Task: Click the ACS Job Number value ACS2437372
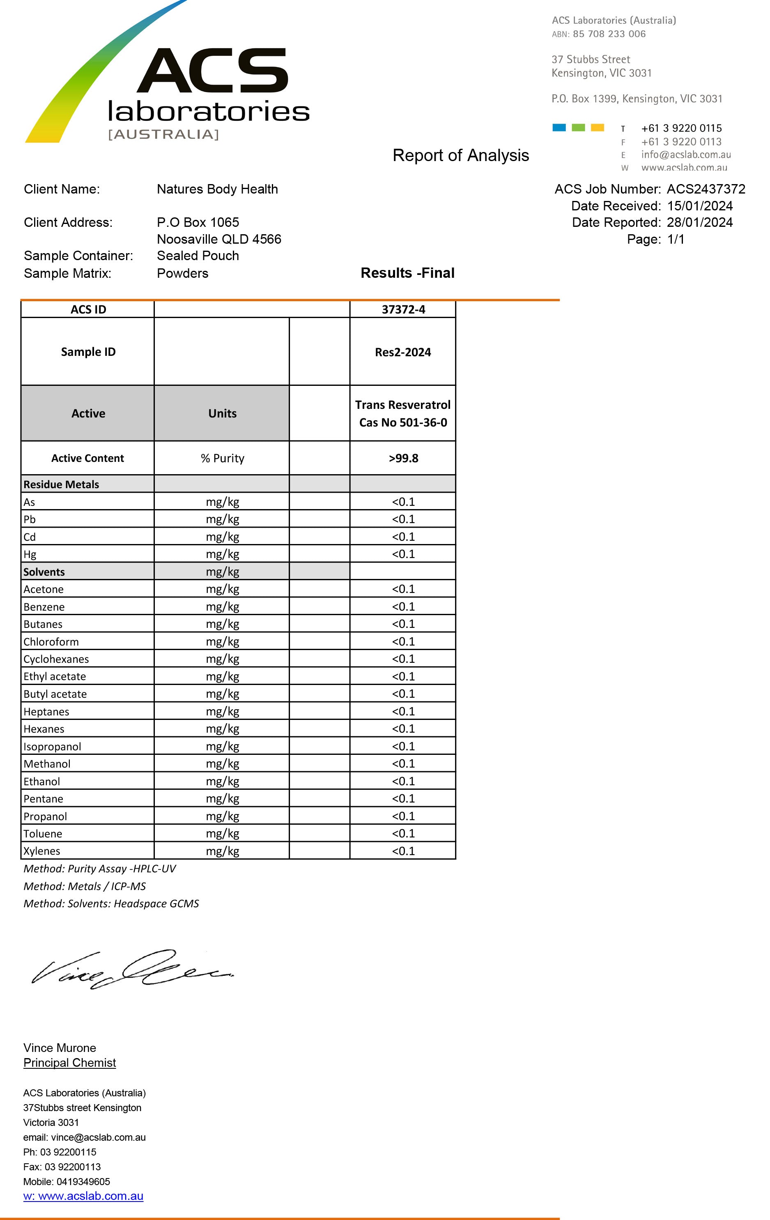point(706,189)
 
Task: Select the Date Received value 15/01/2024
point(700,206)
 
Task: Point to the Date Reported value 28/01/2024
point(700,222)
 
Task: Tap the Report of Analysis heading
point(460,155)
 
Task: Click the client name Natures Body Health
point(217,189)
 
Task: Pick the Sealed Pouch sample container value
point(198,255)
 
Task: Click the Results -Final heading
point(407,273)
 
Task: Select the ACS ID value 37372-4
point(403,309)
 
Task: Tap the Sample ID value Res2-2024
point(402,352)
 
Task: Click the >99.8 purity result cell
point(403,458)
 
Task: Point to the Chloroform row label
point(51,641)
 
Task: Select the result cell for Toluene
point(403,833)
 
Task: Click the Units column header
point(222,413)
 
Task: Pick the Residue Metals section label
point(61,484)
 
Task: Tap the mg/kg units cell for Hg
point(222,554)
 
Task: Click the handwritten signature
point(132,969)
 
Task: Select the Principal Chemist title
point(69,1063)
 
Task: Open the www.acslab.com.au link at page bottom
point(83,1196)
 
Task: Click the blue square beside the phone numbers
point(559,128)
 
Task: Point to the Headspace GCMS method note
point(111,904)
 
